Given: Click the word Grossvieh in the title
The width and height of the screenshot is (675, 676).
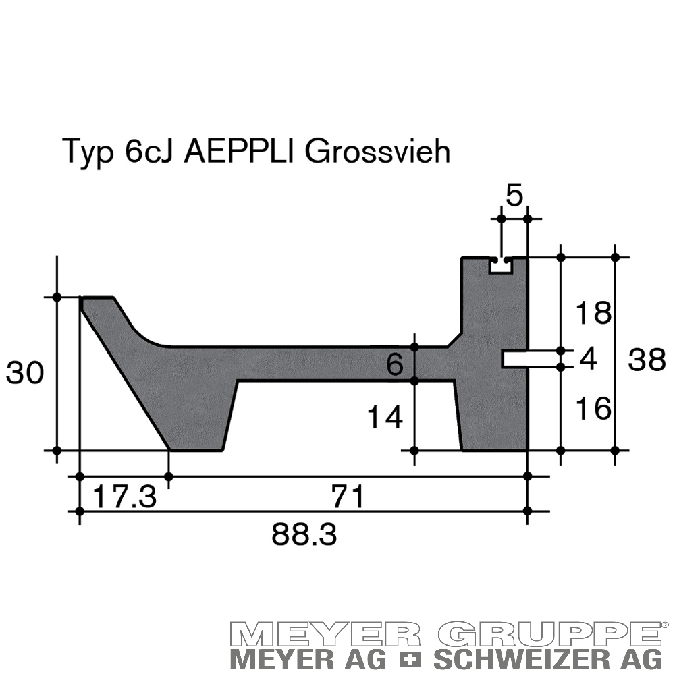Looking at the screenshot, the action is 377,152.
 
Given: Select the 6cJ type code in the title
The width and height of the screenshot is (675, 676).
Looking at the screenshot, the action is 148,151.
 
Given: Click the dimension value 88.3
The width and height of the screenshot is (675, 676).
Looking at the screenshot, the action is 304,535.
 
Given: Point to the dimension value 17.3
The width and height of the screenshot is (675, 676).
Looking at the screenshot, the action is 124,497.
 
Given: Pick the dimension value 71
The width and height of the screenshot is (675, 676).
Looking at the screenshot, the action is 348,497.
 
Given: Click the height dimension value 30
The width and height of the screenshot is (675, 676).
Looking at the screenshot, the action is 24,373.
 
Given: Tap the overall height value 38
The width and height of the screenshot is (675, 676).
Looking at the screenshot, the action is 647,360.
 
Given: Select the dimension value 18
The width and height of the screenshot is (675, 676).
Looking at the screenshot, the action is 593,313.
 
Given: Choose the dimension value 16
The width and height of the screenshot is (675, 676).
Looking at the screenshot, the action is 593,408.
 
